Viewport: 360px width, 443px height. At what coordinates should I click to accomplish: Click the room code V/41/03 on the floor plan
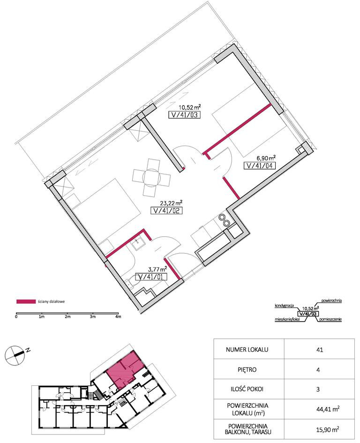[184, 115]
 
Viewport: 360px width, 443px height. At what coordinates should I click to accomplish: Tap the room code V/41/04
[260, 166]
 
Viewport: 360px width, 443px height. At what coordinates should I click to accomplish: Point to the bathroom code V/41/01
[151, 277]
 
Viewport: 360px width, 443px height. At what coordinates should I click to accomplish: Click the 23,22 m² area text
[171, 203]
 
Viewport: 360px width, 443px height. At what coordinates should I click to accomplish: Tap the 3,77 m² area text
[157, 269]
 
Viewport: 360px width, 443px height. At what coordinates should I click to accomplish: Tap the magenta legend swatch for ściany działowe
[26, 301]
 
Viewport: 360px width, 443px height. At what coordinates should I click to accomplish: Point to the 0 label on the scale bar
[16, 317]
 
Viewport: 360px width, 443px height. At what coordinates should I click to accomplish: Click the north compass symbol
[14, 354]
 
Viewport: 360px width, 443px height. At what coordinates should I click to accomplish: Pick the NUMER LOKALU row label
[247, 350]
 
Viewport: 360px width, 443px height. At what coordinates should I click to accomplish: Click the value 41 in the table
[320, 350]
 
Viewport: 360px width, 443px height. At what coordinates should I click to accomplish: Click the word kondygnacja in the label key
[285, 306]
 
